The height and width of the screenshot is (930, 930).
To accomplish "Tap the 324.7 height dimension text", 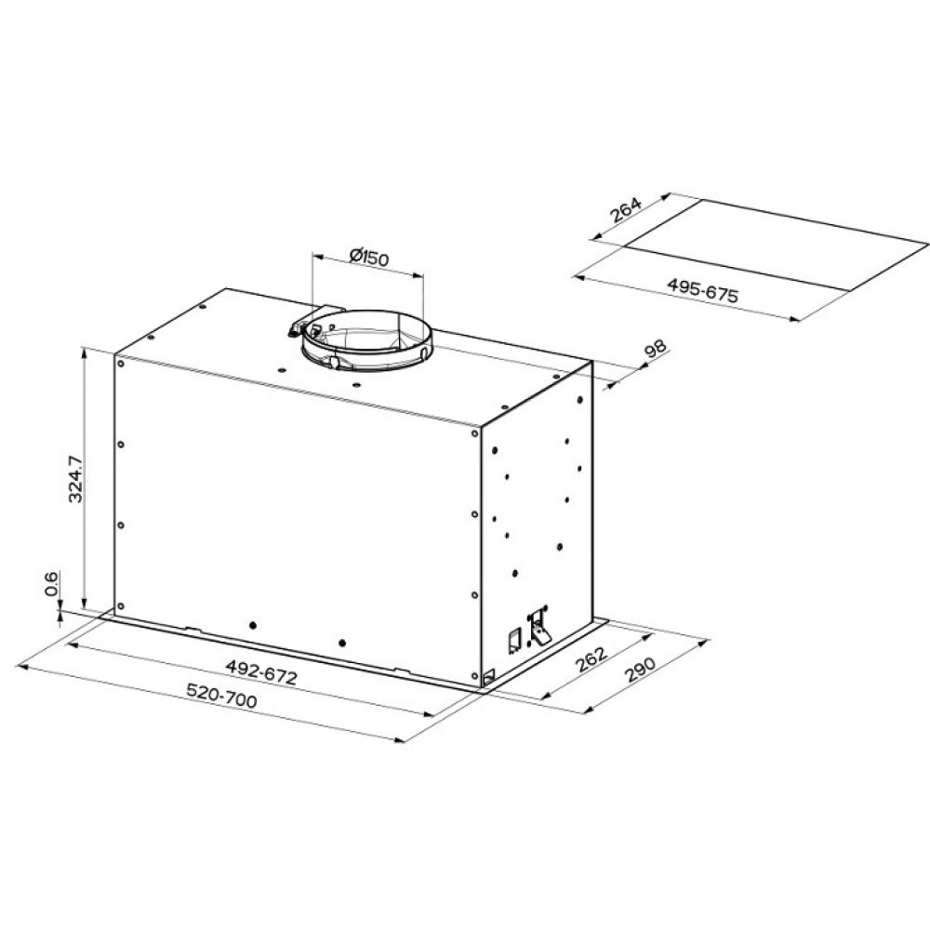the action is point(75,478).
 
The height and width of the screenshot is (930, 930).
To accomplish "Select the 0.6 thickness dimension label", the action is point(51,583).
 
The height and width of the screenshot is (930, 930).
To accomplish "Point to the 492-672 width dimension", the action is point(261,672).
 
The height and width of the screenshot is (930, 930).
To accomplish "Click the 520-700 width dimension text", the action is point(222,696).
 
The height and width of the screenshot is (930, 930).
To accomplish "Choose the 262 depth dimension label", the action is point(591,658).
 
